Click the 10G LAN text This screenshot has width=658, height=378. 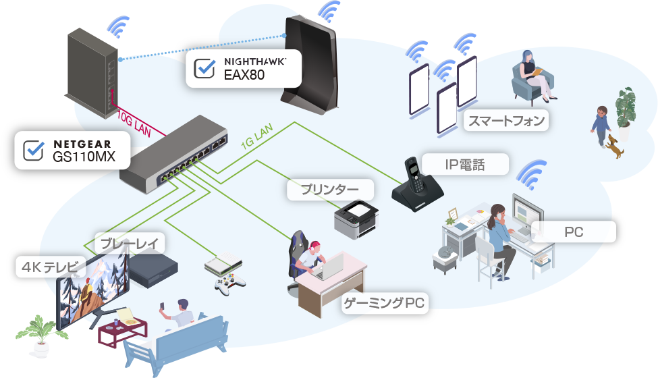click(134, 124)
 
